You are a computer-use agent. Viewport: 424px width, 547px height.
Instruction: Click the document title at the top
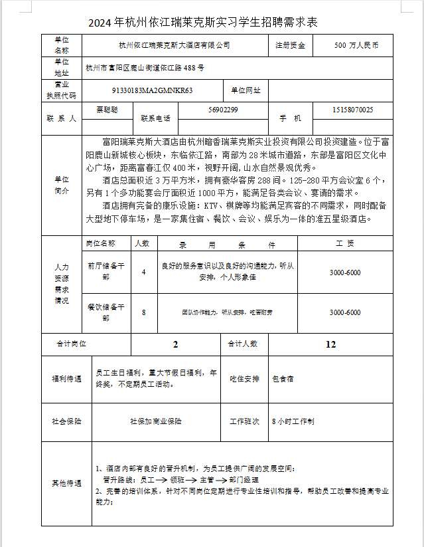pyautogui.click(x=203, y=23)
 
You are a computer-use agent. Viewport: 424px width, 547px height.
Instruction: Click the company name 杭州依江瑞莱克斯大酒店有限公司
pyautogui.click(x=174, y=45)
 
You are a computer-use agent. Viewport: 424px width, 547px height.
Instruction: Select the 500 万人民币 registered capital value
pyautogui.click(x=356, y=45)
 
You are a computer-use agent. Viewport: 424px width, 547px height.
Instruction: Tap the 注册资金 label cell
pyautogui.click(x=291, y=45)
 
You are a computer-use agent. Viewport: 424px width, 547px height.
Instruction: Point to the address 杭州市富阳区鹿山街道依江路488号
pyautogui.click(x=145, y=68)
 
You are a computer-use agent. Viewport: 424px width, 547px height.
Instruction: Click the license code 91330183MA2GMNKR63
pyautogui.click(x=152, y=90)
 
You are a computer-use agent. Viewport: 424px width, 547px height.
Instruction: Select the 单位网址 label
pyautogui.click(x=246, y=90)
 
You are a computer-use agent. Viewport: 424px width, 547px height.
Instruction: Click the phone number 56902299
pyautogui.click(x=223, y=110)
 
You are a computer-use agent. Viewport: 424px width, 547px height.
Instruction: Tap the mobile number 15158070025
pyautogui.click(x=352, y=110)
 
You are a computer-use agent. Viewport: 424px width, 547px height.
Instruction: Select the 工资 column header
pyautogui.click(x=345, y=243)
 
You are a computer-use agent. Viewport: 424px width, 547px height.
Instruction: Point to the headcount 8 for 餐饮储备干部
pyautogui.click(x=144, y=312)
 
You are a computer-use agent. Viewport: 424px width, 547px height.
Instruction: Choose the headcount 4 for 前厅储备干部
pyautogui.click(x=144, y=271)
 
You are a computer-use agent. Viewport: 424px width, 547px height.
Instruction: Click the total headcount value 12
pyautogui.click(x=330, y=344)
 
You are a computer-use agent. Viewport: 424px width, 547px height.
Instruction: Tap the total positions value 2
pyautogui.click(x=176, y=344)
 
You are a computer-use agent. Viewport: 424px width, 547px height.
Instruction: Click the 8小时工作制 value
pyautogui.click(x=293, y=421)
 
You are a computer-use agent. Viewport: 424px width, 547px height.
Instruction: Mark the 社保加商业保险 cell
pyautogui.click(x=156, y=421)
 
